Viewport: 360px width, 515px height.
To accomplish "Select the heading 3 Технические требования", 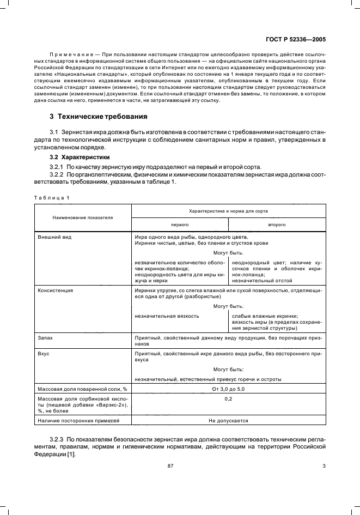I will pos(99,117).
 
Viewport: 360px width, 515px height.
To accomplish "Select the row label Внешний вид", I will pos(54,238).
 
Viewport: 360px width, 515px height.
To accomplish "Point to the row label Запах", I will pos(46,338).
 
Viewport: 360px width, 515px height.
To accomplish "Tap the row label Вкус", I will pos(44,354).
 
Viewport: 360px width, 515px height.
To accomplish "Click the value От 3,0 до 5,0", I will pos(228,389).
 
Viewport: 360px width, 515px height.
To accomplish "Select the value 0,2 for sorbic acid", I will pos(228,399).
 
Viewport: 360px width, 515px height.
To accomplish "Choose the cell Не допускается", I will pos(228,421).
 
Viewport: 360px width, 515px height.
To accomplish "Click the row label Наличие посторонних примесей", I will pos(75,421).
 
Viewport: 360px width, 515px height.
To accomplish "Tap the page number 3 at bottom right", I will pos(324,465).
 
